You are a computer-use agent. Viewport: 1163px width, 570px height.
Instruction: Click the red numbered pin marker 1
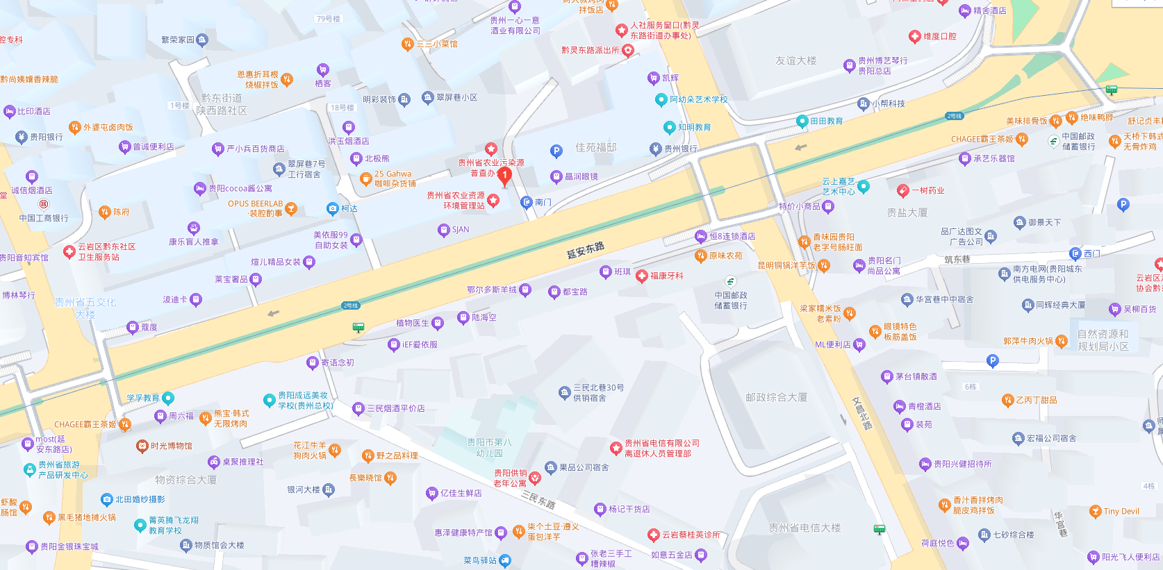coord(505,176)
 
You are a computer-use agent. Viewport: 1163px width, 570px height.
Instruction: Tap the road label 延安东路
coord(585,251)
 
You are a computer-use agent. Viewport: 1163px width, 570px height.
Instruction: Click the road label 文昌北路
coord(861,413)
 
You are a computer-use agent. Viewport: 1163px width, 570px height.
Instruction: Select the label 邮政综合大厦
coord(776,397)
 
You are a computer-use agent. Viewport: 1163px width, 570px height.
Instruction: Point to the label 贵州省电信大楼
coord(805,528)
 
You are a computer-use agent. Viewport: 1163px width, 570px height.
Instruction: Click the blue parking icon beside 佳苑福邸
coord(556,151)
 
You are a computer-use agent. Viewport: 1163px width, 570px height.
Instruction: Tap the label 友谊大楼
coord(796,61)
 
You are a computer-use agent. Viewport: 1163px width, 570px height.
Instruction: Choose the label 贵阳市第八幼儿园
coord(489,447)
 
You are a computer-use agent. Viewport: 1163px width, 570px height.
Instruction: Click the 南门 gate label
coord(543,202)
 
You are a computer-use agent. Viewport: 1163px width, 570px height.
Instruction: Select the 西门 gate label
coord(1091,253)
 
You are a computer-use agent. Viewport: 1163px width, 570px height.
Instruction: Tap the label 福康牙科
coord(666,276)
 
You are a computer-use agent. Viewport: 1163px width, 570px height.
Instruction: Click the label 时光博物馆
coord(171,446)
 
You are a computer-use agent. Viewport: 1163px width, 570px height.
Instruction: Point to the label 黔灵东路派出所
coord(591,50)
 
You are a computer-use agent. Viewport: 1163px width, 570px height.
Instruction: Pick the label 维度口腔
coord(939,36)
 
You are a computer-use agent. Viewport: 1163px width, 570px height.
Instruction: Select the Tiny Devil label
coord(1121,512)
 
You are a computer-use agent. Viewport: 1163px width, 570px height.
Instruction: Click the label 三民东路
coord(538,499)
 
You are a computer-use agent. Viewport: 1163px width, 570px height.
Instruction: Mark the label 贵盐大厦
coord(907,212)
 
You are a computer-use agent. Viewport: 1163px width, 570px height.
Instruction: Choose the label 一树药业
coord(928,190)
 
